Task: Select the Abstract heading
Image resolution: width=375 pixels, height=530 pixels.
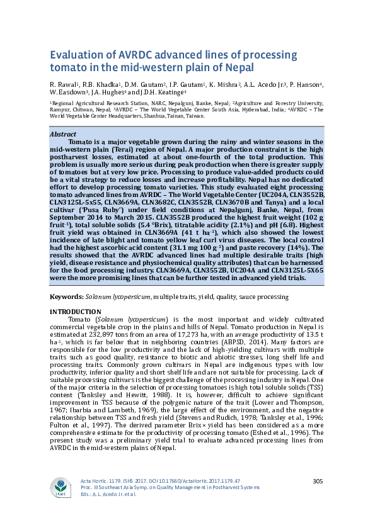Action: pos(62,134)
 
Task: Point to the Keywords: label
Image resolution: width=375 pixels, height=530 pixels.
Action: pos(66,296)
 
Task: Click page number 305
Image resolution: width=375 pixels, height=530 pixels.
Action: pos(318,482)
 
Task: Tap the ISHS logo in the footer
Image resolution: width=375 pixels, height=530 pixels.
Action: pos(61,488)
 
